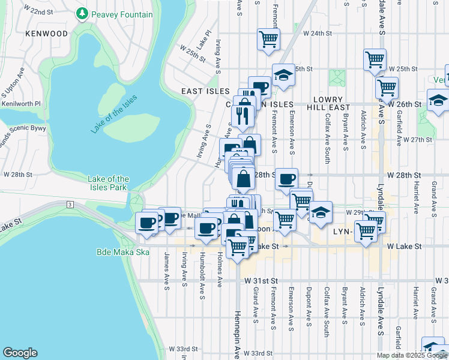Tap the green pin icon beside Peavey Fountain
coord(82,13)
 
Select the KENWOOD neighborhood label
coord(47,34)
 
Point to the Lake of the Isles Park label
coord(108,183)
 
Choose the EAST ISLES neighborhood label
coord(206,91)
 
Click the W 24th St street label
coord(317,33)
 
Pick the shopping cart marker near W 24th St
coord(268,39)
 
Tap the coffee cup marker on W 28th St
coord(286,178)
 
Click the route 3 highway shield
coord(70,205)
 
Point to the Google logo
coord(20,353)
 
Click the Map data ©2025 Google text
coord(411,355)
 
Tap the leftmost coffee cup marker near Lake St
coord(146,223)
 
